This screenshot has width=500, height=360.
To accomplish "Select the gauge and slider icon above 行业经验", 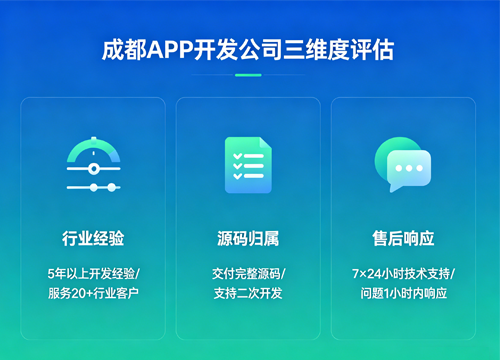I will pos(93,165).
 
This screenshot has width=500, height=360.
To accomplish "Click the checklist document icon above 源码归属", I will pos(247,163).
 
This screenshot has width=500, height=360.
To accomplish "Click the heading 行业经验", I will pos(93,238).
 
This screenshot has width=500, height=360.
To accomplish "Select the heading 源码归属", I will pos(248,238).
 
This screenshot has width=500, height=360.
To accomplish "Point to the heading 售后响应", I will pos(402,238).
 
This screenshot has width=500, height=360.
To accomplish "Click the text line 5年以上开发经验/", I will pos(93,273).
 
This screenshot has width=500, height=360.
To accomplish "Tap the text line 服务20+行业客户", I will pos(93,293).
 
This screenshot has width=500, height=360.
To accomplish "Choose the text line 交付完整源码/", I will pos(248,273).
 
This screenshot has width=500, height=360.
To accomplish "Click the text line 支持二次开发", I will pos(248,293).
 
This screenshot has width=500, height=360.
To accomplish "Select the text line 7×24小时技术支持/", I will pos(402,273).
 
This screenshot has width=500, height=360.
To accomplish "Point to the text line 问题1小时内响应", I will pos(402,293).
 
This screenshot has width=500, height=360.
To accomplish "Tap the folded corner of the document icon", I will pos(264,143).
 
